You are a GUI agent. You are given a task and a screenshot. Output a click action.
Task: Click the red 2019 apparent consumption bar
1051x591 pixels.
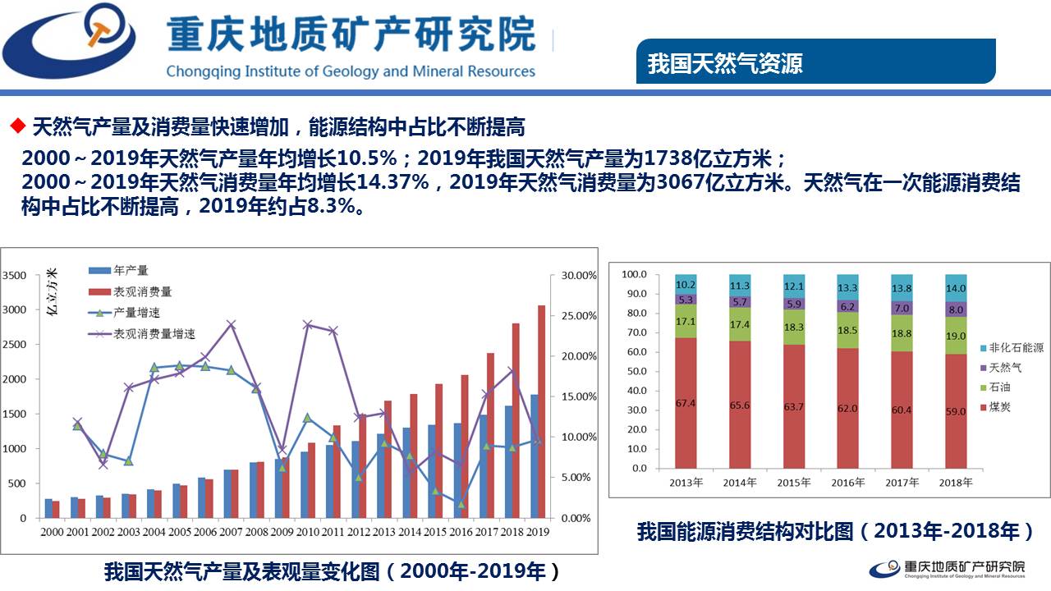[541, 411]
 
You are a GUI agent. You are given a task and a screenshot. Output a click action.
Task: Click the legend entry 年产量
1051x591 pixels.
[131, 270]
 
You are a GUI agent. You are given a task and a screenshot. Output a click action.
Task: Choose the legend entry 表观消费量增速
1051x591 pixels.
[154, 334]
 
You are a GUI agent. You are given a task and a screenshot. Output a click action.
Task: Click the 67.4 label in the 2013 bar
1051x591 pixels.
[685, 404]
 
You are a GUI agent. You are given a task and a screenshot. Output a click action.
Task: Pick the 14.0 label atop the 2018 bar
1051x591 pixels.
[956, 288]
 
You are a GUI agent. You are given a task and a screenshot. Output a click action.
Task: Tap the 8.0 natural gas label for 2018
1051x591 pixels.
[956, 310]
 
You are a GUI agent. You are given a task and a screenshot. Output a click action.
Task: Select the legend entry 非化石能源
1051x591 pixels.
[1017, 348]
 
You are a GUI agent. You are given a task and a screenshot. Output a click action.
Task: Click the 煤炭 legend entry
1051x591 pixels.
[1000, 405]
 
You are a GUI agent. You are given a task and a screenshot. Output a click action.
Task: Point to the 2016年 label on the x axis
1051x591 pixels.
[848, 483]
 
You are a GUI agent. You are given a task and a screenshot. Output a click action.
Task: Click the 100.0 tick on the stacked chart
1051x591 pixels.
[635, 274]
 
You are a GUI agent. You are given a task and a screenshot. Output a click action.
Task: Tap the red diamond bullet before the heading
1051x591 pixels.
[16, 126]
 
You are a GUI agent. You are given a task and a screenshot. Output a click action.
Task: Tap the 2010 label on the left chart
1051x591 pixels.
[310, 532]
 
